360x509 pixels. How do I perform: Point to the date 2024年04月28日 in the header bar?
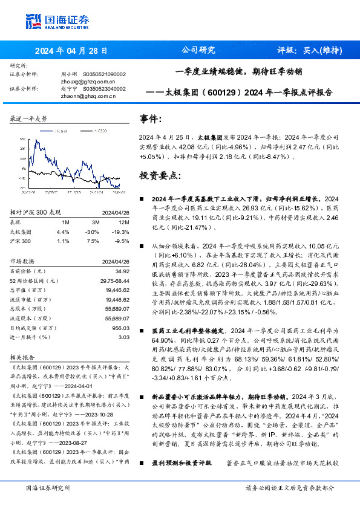71,51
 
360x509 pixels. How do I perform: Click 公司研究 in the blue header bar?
198,51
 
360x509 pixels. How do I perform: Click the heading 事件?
151,118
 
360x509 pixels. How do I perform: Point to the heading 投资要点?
160,176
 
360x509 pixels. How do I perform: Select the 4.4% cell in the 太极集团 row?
62,232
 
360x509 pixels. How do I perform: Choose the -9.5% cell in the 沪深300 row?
122,241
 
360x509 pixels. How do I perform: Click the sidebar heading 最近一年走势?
28,118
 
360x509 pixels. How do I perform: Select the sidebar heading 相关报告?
24,357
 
